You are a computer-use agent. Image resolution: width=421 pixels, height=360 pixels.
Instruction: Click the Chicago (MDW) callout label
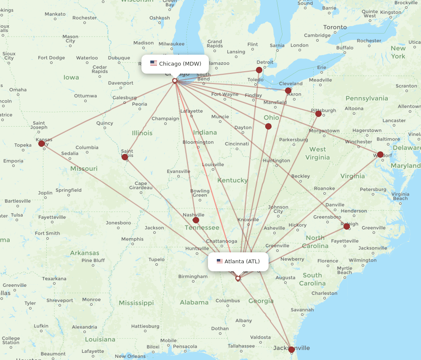[x=175, y=64]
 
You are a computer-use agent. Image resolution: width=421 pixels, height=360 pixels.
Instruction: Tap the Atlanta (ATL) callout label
[x=238, y=262]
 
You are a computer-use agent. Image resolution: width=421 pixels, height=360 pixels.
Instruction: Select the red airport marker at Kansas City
[x=41, y=143]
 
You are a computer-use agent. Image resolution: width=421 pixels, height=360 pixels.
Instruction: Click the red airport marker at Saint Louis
[x=125, y=157]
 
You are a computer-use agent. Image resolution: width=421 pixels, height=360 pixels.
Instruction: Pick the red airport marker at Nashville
[x=196, y=220]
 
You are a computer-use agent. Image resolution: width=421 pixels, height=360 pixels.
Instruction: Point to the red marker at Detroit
[x=259, y=70]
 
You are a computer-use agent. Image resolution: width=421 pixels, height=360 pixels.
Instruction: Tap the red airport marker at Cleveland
[x=288, y=90]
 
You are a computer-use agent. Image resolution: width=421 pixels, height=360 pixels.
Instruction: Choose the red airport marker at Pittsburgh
[x=318, y=114]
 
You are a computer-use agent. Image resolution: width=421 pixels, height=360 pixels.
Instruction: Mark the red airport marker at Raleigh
[x=346, y=226]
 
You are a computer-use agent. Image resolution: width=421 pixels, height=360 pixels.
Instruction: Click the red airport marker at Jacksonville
[x=291, y=349]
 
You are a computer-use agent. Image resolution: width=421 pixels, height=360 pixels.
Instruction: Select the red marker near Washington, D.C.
[x=380, y=154]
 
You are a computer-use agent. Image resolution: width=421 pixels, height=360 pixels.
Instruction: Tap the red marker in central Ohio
[x=268, y=126]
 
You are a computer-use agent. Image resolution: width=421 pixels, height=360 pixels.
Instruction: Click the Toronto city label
[x=335, y=27]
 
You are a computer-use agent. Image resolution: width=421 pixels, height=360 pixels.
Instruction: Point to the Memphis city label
[x=132, y=239]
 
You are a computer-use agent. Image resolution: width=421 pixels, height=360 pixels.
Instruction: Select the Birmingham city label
[x=192, y=277]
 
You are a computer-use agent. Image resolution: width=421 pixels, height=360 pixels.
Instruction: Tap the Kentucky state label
[x=232, y=180]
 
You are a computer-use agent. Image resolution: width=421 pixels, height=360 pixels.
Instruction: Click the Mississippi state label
[x=136, y=303]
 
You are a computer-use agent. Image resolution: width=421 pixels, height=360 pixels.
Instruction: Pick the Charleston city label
[x=324, y=293]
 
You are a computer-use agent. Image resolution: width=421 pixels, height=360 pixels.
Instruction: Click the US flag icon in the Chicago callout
[x=154, y=64]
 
